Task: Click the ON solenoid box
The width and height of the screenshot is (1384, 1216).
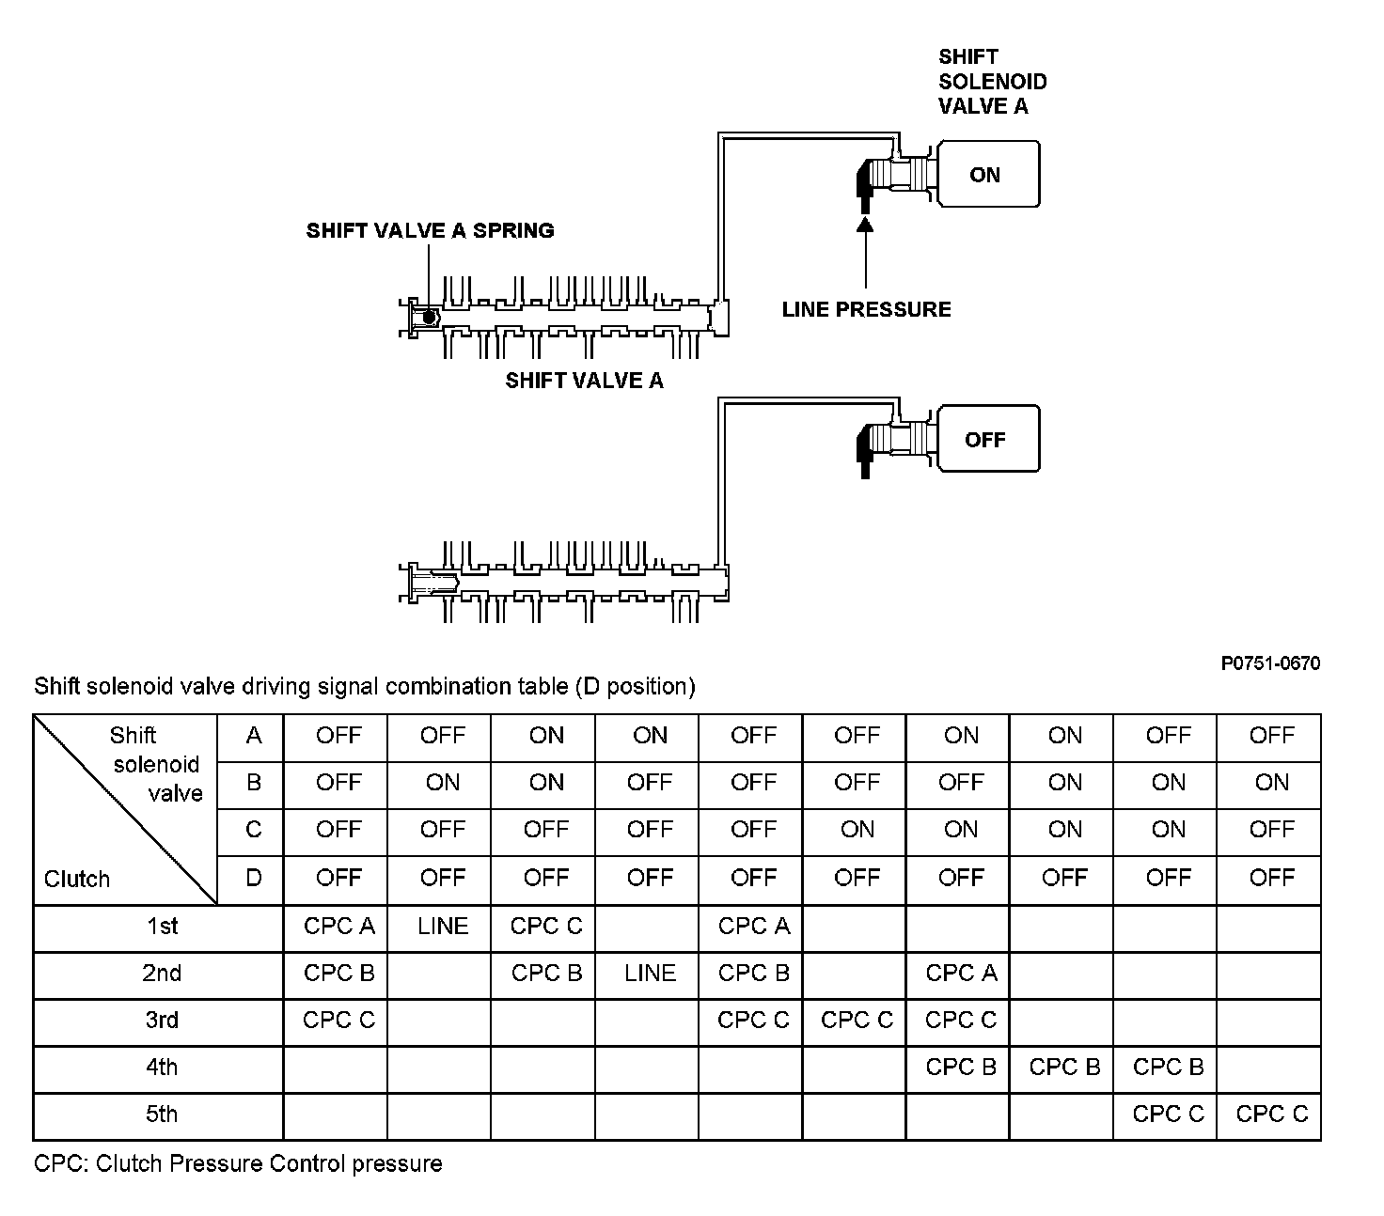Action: pyautogui.click(x=987, y=174)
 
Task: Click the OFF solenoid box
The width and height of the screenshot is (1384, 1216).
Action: pyautogui.click(x=987, y=439)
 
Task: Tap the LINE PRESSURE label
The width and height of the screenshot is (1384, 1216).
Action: pyautogui.click(x=866, y=309)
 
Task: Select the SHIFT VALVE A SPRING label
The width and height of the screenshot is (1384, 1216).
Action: pyautogui.click(x=430, y=230)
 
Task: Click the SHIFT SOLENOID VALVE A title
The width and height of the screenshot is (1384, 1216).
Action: pyautogui.click(x=992, y=82)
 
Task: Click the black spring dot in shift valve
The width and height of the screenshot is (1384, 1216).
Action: pyautogui.click(x=429, y=318)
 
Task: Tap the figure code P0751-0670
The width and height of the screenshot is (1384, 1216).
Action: pyautogui.click(x=1270, y=663)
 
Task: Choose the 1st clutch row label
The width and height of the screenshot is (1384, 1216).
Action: pyautogui.click(x=162, y=927)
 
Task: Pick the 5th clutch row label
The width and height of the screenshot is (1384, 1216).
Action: pyautogui.click(x=162, y=1115)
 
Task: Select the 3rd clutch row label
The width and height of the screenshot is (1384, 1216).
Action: pyautogui.click(x=162, y=1021)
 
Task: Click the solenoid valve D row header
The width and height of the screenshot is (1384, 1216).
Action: pyautogui.click(x=253, y=879)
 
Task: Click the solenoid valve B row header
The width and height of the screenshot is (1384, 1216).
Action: pyautogui.click(x=253, y=783)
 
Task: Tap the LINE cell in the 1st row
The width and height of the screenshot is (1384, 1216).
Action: pyautogui.click(x=443, y=927)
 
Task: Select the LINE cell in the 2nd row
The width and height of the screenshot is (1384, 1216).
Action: pyautogui.click(x=650, y=974)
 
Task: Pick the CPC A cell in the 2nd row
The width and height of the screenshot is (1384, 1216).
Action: pyautogui.click(x=961, y=974)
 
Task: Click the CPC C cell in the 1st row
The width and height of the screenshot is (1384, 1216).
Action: pyautogui.click(x=546, y=927)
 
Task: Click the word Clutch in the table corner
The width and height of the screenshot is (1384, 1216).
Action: pyautogui.click(x=77, y=880)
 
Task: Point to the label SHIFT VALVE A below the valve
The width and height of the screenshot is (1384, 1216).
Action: pyautogui.click(x=584, y=381)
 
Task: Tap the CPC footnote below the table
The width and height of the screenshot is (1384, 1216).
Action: pyautogui.click(x=238, y=1164)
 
